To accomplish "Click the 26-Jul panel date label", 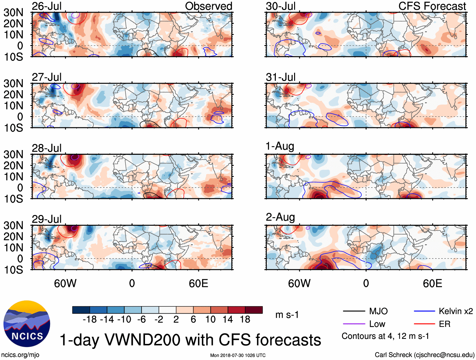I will [47, 6].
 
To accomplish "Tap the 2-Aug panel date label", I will [280, 217].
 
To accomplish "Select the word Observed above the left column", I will [208, 6].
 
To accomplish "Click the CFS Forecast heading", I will [432, 6].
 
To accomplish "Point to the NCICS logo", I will [27, 324].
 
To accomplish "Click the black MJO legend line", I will [354, 311].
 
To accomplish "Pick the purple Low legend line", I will [354, 324].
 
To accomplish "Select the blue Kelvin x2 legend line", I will [424, 311].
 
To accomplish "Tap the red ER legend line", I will [424, 324].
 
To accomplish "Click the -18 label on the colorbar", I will [90, 320].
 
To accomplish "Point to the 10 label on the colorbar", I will [210, 320].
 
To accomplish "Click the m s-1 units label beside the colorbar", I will [287, 315].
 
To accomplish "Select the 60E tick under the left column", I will [198, 283].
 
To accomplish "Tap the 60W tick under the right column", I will [299, 283].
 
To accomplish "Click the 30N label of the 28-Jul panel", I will [13, 154].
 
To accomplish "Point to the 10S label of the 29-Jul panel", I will [13, 270].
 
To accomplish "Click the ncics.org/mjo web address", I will [20, 355].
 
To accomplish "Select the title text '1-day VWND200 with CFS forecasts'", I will [190, 340].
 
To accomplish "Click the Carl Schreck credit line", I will [424, 355].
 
